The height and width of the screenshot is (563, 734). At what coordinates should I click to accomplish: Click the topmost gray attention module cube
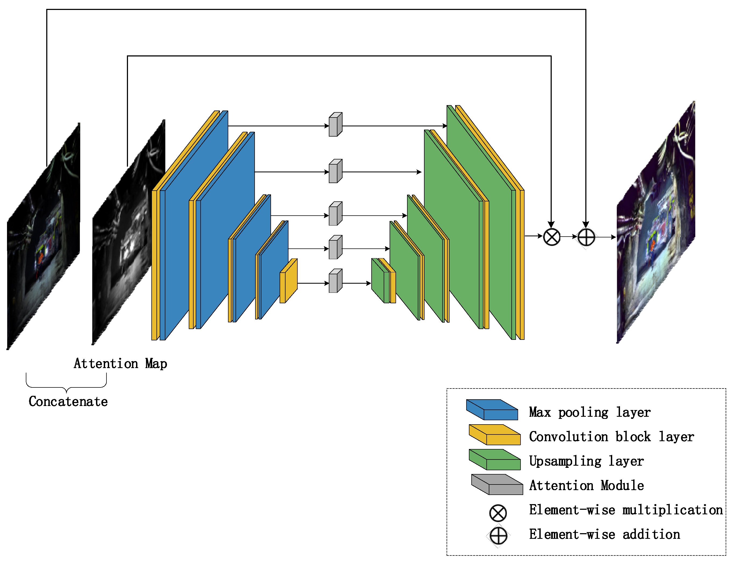click(x=335, y=125)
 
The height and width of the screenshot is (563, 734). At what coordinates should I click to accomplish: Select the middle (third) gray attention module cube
click(x=335, y=214)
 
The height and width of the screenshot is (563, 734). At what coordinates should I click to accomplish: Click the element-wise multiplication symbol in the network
click(x=551, y=237)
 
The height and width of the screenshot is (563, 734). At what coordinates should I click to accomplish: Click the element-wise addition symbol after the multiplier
click(x=586, y=237)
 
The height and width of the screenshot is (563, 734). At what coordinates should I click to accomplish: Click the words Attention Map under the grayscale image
click(x=120, y=364)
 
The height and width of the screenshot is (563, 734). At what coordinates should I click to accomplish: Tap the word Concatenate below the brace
click(x=68, y=401)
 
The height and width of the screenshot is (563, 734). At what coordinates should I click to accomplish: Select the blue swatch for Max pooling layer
click(x=492, y=409)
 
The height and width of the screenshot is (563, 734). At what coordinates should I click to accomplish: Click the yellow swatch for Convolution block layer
click(x=494, y=435)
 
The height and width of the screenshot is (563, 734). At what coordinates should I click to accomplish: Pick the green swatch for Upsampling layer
click(x=494, y=459)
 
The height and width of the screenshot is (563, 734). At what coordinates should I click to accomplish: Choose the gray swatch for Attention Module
click(x=497, y=484)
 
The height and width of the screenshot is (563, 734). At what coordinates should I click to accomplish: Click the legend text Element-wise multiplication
click(x=625, y=510)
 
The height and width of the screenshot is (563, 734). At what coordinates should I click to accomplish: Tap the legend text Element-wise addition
click(x=604, y=534)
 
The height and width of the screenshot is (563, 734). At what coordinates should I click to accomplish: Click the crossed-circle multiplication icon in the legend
click(x=498, y=513)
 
